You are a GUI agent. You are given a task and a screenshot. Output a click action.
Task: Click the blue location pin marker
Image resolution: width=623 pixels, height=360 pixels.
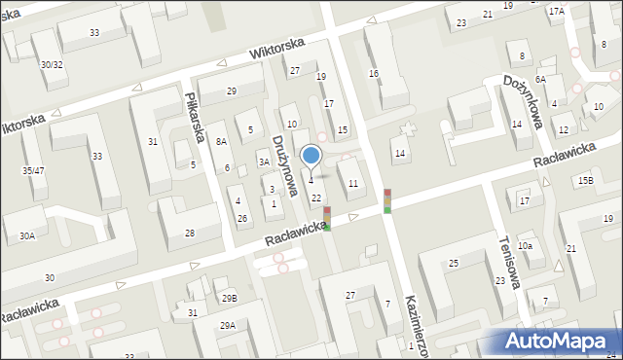coord(311,156)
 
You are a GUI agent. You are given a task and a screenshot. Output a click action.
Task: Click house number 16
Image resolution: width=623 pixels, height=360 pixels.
coord(373,74)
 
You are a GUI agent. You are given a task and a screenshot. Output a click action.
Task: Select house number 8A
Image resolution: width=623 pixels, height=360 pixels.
coord(222,141)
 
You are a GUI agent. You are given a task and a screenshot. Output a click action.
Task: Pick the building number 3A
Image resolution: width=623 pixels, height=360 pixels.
coord(263,162)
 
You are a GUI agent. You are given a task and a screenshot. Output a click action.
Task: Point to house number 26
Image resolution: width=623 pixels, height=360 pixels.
coord(242,217)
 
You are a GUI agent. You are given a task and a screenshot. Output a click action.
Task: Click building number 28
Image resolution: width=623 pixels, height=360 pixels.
coord(190,233)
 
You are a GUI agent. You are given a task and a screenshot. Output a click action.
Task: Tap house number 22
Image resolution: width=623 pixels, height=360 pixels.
coord(315,198)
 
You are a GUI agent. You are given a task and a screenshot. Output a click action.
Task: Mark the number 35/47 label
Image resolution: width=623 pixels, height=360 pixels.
coord(34,170)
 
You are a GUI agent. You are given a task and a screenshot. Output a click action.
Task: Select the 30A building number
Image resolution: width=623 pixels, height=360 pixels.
coord(26,235)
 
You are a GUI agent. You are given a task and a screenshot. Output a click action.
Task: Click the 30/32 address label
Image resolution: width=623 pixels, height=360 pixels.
coord(52,64)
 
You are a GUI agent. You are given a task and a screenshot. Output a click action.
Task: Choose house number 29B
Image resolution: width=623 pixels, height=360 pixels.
coord(229,298)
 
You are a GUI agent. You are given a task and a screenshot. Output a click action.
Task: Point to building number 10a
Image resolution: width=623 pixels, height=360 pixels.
coord(525,245)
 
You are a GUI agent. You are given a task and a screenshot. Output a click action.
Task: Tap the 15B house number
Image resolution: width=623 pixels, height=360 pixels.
coord(584,181)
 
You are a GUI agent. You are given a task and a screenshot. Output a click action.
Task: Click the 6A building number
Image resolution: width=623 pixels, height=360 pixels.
coord(539,80)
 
